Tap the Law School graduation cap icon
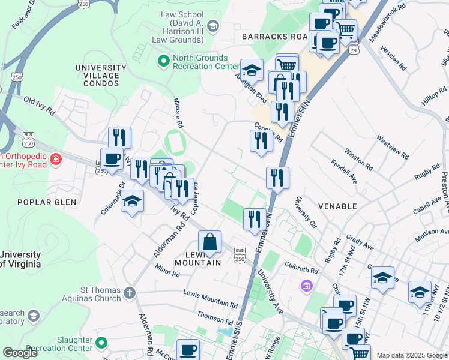point(212,26)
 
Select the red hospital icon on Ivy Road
point(55,159)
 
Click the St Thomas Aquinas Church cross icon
point(129,293)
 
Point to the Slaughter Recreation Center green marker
point(101,343)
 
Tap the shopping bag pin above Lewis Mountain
point(209,243)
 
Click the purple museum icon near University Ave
point(307,286)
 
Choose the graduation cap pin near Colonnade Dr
point(132,202)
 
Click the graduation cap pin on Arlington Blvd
point(252,70)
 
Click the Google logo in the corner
point(20,353)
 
